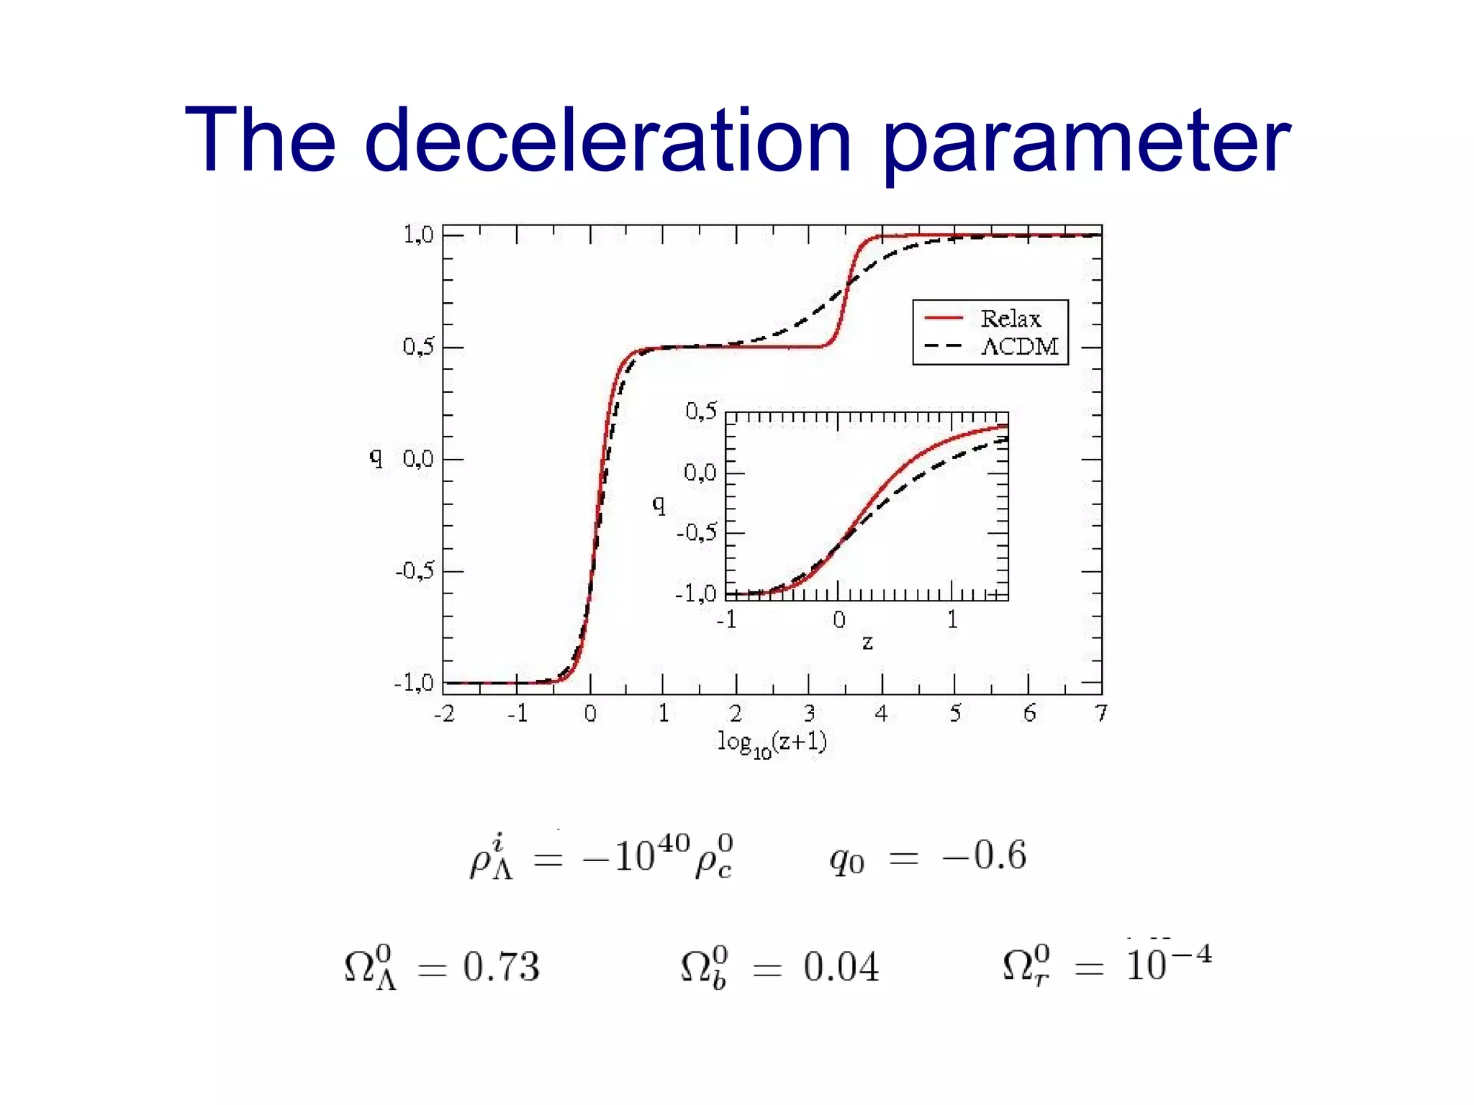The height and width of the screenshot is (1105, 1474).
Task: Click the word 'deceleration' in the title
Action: [x=608, y=140]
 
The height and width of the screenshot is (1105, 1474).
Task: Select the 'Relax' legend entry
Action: [x=1010, y=318]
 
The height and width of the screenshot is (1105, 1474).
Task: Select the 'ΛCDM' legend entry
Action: [x=1020, y=347]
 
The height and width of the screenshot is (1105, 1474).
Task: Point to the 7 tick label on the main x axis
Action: [x=1100, y=713]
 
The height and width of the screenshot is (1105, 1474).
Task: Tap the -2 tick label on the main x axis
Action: [x=444, y=713]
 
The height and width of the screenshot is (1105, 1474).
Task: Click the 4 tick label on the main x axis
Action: [x=881, y=713]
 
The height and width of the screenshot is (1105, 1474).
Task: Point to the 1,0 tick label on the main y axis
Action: [x=417, y=235]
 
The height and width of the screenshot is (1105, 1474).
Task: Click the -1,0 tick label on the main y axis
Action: [x=414, y=683]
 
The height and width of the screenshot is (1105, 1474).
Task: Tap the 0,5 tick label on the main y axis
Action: [x=417, y=347]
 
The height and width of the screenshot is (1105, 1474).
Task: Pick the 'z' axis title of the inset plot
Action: [x=867, y=642]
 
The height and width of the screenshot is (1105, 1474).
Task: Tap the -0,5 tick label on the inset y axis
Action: [x=697, y=533]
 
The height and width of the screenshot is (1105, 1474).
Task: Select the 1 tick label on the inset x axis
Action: [x=952, y=619]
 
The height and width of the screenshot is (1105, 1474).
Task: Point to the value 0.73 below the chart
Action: [x=501, y=967]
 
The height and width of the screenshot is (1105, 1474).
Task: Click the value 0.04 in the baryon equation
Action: [x=841, y=967]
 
